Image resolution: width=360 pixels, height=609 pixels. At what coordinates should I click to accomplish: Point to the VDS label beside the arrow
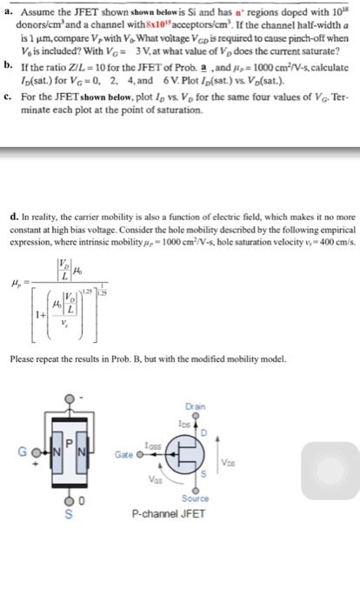pos(229,461)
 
